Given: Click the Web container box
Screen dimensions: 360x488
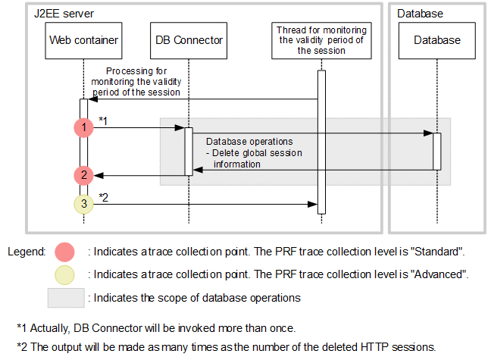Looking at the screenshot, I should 83,39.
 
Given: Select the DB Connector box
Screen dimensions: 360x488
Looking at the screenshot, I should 189,39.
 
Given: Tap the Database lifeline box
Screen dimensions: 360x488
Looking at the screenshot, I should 437,39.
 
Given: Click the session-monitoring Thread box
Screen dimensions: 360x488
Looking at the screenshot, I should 321,39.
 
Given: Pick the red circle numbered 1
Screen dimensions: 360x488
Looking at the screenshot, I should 83,128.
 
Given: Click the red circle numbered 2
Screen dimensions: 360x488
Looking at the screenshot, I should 83,176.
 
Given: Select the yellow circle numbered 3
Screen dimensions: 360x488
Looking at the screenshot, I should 83,203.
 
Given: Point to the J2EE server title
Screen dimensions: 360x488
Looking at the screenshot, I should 64,14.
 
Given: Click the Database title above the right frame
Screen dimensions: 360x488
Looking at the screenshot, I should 421,14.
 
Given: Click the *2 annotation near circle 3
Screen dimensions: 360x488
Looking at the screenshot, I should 104,197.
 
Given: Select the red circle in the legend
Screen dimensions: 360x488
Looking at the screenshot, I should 64,252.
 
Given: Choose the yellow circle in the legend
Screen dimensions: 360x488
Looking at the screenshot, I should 64,274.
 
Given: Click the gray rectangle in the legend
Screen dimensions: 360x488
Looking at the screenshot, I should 64,298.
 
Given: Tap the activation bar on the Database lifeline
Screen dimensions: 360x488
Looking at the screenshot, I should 437,151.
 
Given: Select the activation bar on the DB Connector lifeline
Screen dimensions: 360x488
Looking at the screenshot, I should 189,151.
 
